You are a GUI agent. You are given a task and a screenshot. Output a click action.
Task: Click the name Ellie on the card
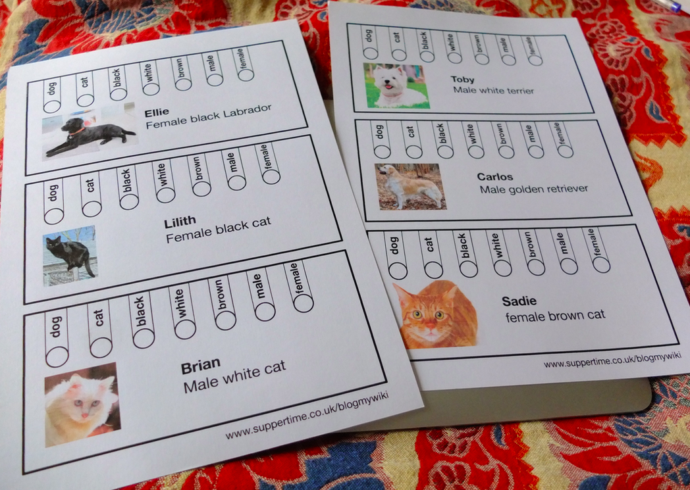coord(157,112)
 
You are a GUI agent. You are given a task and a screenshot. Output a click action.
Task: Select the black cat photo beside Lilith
coord(70,255)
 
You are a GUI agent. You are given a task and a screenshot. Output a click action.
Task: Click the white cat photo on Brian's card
coord(82,404)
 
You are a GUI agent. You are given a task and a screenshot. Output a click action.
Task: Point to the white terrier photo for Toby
coord(396,86)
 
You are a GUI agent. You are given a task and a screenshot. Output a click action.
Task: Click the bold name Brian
coord(201,365)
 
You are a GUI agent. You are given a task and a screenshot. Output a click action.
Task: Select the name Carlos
coord(495,177)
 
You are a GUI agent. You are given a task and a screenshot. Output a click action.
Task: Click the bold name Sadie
coord(519,301)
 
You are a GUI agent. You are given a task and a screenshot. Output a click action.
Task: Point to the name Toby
coord(462,80)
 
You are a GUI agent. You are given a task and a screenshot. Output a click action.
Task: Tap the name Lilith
coord(180,222)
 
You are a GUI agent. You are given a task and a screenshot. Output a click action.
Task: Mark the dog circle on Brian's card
coord(57,356)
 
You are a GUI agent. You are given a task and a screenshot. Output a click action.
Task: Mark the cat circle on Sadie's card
coord(433,270)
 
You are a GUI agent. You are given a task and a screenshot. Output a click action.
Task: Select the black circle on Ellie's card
coord(118,94)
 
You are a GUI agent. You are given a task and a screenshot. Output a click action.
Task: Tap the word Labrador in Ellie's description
coord(248,112)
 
